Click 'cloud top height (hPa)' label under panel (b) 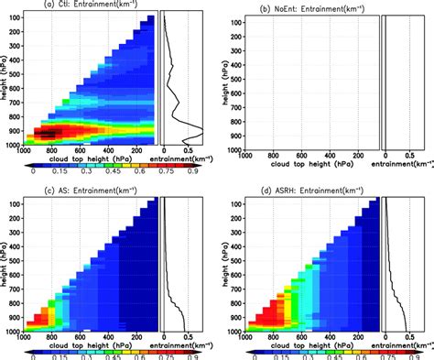pyautogui.click(x=306, y=160)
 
